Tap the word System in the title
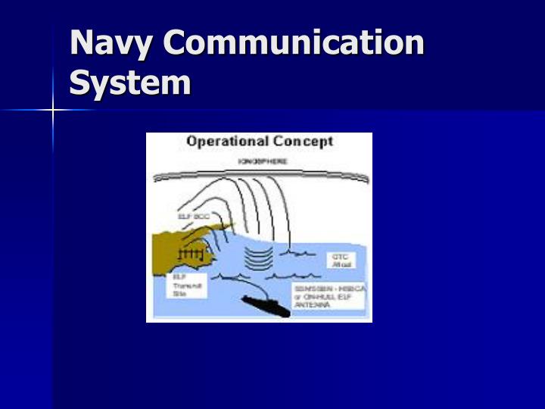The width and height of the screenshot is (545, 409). coord(129,82)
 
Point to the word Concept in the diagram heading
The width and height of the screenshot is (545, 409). coord(303,142)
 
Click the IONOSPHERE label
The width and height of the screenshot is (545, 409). coord(263,161)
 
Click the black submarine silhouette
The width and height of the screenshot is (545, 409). coord(265,306)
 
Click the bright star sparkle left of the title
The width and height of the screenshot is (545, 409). coord(53,111)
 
